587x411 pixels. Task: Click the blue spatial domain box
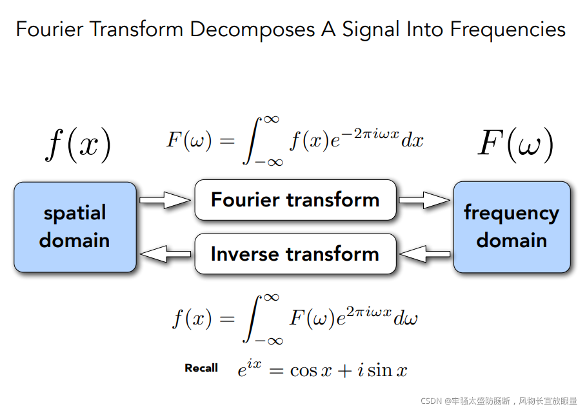(75, 226)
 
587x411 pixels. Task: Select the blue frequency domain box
(512, 226)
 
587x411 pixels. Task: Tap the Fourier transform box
(295, 199)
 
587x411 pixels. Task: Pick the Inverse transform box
(295, 254)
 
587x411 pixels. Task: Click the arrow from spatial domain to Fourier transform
(165, 200)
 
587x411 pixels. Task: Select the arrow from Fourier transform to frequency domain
(424, 200)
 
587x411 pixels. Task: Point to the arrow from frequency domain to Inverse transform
(424, 254)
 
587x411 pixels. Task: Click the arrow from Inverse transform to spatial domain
(165, 254)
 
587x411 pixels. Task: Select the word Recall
(201, 368)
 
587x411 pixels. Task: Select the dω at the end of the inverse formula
(406, 318)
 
